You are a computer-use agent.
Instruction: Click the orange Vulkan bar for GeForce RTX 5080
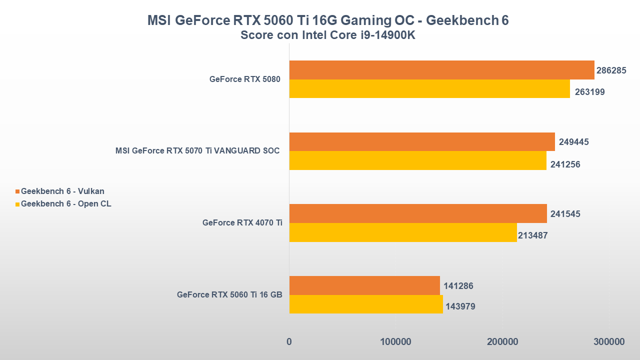(x=441, y=70)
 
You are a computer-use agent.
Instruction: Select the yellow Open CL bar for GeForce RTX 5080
(x=429, y=88)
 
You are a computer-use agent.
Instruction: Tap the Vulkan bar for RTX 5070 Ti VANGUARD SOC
(x=422, y=141)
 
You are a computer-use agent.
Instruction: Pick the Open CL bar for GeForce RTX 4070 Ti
(x=403, y=232)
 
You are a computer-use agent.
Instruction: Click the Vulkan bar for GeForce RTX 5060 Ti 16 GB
(x=364, y=285)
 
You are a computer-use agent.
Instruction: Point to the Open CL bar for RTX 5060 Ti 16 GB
(x=366, y=304)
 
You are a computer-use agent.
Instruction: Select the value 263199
(x=589, y=92)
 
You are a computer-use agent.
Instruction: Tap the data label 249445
(x=574, y=142)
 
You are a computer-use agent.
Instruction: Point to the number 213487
(x=533, y=235)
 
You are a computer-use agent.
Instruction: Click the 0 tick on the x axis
(x=289, y=342)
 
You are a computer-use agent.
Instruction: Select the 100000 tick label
(x=395, y=342)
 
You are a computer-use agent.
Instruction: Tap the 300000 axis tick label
(x=609, y=342)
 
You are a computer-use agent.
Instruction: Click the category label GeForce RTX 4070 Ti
(x=242, y=223)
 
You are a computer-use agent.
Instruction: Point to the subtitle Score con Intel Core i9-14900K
(x=327, y=35)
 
